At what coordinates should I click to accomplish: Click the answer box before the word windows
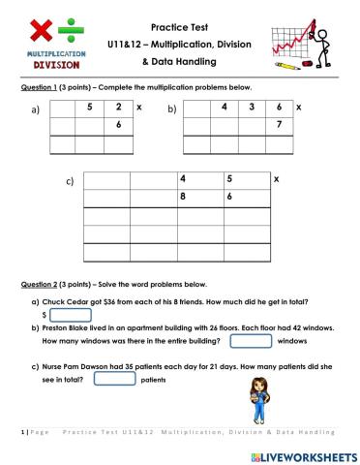tap(251, 340)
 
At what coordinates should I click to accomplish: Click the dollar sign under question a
tap(45, 315)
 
